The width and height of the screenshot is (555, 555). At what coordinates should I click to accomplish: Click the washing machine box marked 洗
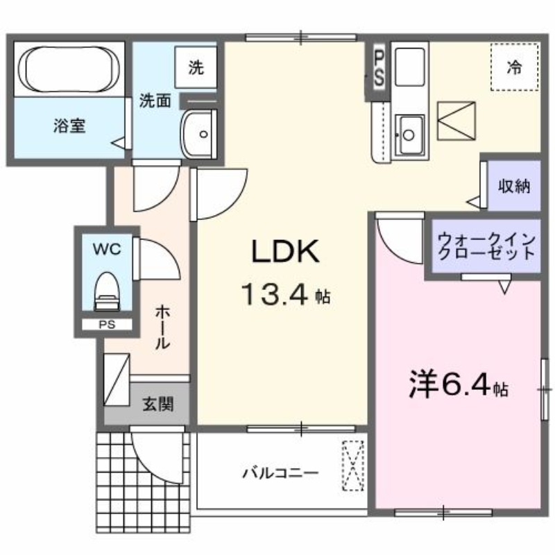(x=196, y=67)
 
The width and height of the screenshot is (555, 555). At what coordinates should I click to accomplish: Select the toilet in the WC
(x=106, y=292)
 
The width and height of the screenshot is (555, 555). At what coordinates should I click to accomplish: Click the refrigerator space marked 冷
(x=514, y=67)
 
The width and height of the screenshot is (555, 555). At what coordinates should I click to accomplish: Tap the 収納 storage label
(x=514, y=186)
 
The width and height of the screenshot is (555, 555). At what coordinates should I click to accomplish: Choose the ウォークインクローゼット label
(x=486, y=248)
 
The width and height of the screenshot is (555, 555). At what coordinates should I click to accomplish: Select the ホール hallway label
(x=162, y=326)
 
